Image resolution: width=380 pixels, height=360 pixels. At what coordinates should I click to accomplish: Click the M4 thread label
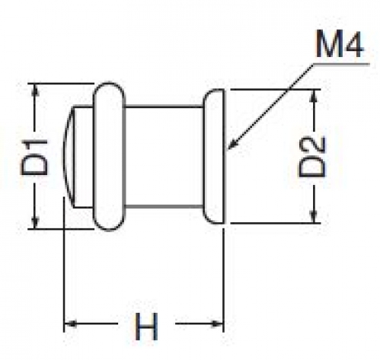tap(340, 44)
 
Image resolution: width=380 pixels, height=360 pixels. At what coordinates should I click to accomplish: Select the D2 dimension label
tap(312, 157)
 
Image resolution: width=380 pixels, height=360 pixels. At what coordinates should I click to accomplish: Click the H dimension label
tap(146, 327)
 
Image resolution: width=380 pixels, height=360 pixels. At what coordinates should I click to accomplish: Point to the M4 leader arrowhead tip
tap(228, 150)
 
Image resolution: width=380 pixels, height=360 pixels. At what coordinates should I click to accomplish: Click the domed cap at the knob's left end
tap(69, 156)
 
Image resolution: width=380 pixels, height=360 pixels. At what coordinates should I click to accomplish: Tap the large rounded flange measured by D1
tap(109, 156)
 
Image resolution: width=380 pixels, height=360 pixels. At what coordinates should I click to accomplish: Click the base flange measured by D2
tap(214, 156)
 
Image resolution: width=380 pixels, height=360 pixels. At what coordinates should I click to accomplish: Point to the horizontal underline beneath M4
tap(341, 63)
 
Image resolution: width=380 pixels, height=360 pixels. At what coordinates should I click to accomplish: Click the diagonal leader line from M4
tap(270, 107)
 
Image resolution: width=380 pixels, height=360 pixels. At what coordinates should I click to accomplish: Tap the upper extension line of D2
tap(275, 89)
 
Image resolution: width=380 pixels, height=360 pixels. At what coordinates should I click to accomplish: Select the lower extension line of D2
tap(275, 223)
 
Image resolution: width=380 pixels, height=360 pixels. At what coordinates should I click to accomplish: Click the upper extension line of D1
tap(61, 83)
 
